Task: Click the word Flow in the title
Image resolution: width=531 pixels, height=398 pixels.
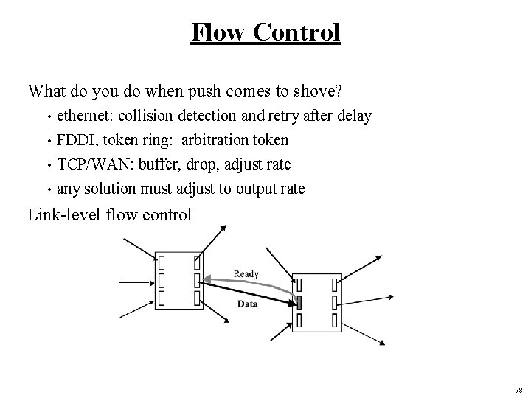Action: (215, 32)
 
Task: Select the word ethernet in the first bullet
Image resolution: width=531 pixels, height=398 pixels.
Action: (85, 116)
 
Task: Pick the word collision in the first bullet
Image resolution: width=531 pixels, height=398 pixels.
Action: (143, 116)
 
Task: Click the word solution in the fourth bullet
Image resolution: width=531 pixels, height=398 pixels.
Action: (110, 189)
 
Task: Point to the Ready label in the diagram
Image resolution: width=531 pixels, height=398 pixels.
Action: (246, 274)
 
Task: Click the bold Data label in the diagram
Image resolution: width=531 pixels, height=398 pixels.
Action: (247, 304)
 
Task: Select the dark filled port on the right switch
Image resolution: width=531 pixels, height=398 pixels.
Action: (299, 302)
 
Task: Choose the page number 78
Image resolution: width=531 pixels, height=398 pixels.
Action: (519, 390)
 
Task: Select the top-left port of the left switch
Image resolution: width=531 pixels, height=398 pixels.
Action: (161, 262)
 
